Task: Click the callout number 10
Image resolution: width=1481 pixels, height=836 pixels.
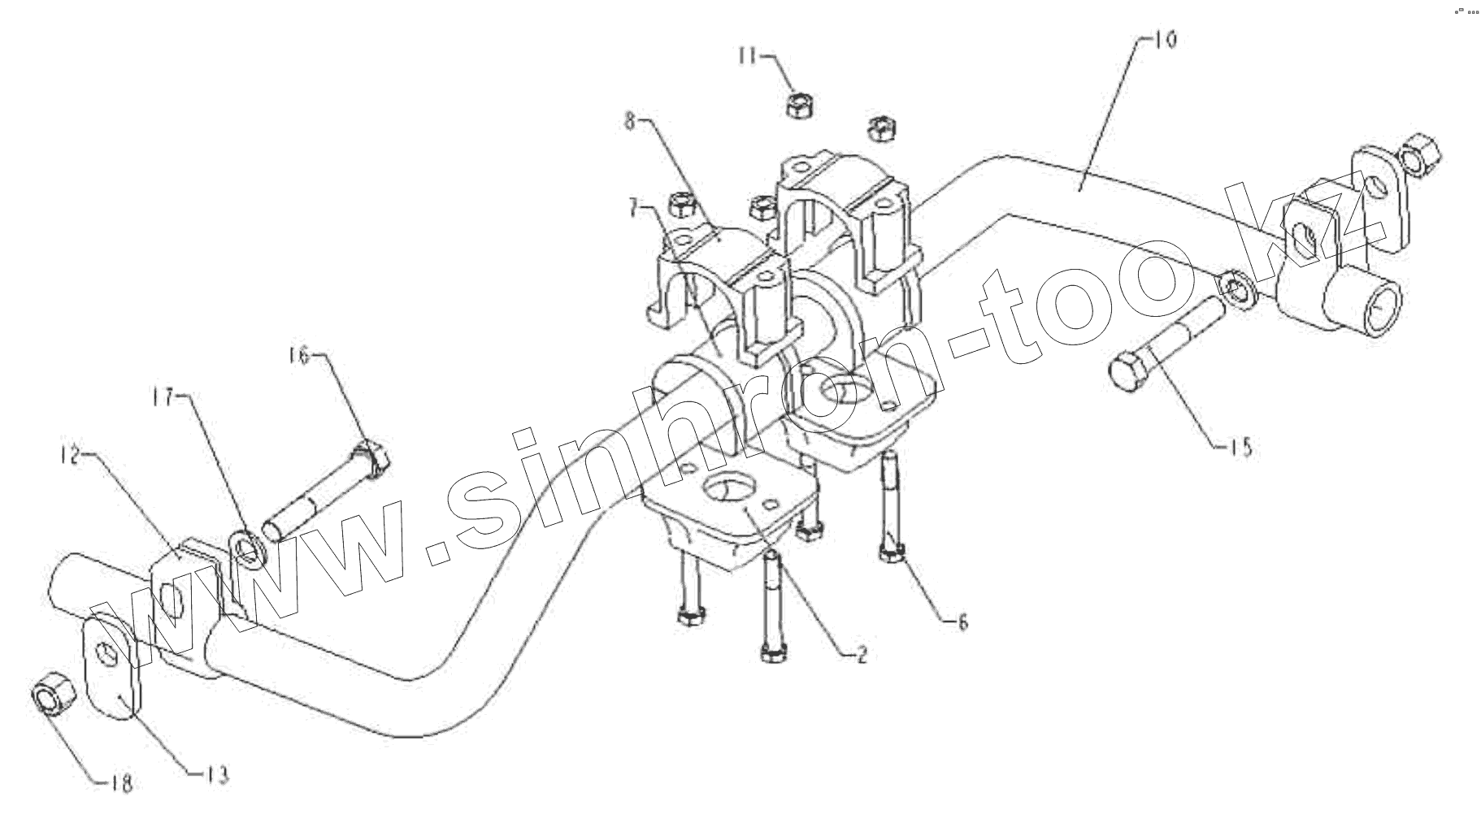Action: [1165, 40]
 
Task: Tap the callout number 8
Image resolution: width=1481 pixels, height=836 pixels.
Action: [629, 122]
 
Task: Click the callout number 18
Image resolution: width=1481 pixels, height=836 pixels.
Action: [121, 783]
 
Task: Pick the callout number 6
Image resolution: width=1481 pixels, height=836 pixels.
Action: [963, 622]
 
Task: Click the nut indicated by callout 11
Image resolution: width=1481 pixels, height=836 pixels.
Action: [801, 105]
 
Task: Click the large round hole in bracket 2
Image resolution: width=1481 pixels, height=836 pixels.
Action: [727, 490]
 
